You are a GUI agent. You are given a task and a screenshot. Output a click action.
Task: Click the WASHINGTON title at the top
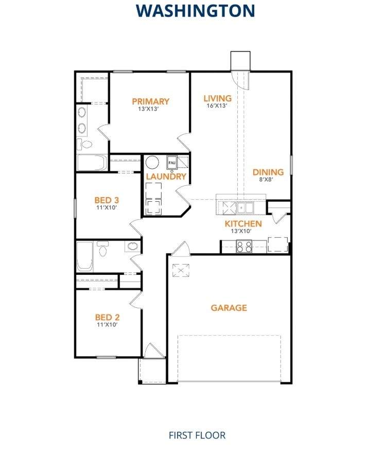(x=196, y=10)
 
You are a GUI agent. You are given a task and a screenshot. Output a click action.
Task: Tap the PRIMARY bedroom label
(x=150, y=101)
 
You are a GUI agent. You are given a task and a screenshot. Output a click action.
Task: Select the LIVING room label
(x=217, y=98)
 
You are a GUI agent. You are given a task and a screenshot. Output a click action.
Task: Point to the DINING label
(x=268, y=172)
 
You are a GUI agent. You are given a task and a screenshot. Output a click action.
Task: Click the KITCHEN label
(x=243, y=224)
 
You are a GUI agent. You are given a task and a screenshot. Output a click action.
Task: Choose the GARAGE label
(x=229, y=308)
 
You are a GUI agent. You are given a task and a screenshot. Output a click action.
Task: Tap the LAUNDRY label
(x=165, y=177)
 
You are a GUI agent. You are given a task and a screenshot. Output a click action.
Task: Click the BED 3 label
(x=107, y=200)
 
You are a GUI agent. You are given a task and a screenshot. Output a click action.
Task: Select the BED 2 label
(x=107, y=317)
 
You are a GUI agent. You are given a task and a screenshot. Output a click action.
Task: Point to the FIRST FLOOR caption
(x=197, y=435)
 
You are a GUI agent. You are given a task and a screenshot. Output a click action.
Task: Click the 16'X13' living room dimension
(x=217, y=106)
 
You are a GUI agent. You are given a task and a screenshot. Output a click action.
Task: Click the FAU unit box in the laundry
(x=172, y=163)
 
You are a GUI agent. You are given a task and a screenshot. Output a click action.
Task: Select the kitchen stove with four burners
(x=244, y=247)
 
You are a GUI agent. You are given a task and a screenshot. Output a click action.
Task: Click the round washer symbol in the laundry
(x=152, y=163)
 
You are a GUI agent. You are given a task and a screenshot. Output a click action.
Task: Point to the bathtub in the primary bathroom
(x=92, y=163)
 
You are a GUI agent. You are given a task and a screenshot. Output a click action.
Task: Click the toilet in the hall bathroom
(x=103, y=250)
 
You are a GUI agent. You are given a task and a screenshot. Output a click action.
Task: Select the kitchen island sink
(x=245, y=207)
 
